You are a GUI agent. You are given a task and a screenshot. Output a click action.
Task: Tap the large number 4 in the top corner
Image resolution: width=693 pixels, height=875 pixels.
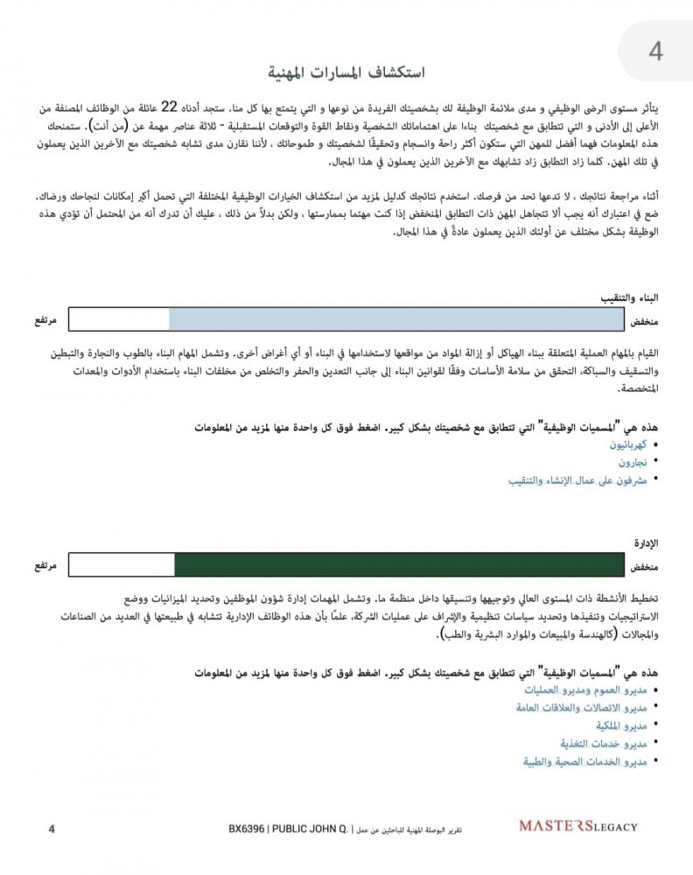[x=655, y=52]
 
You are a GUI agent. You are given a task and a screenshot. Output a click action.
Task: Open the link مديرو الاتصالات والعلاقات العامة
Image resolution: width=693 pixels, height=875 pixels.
[x=582, y=707]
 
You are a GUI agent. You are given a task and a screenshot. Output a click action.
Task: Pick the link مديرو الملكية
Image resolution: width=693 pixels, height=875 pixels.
[x=621, y=725]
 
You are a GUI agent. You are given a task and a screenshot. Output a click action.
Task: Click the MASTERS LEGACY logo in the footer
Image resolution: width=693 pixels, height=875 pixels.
[x=577, y=825]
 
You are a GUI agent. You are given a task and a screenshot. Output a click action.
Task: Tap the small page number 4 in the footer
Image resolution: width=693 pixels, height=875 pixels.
[x=52, y=828]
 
